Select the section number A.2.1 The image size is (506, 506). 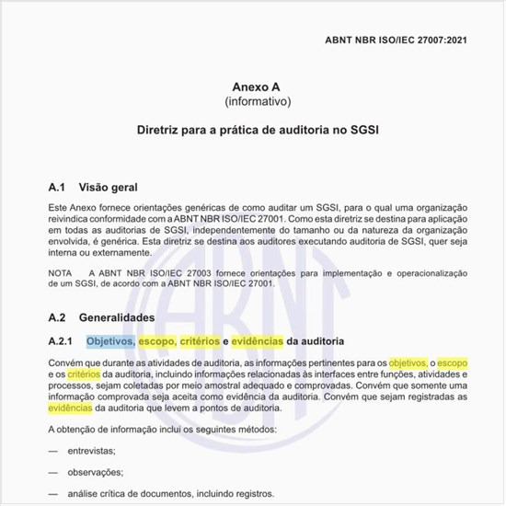pos(63,342)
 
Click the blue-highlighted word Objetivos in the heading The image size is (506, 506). pos(110,342)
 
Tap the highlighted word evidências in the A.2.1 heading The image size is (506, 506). pos(258,342)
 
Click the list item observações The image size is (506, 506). pos(94,472)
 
